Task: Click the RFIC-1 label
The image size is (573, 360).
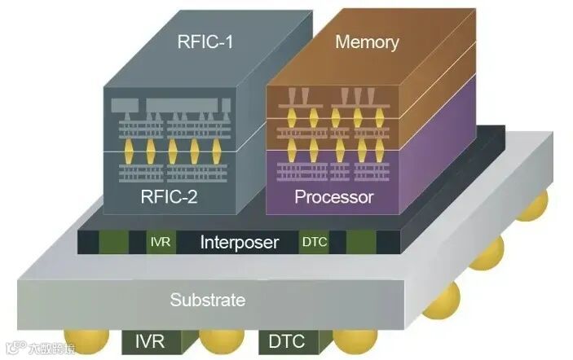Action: [x=206, y=41]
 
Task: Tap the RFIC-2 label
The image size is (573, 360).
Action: [x=168, y=195]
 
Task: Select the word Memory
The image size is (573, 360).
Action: [x=367, y=42]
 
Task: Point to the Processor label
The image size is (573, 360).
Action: [x=333, y=197]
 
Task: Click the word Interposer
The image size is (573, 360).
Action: [x=240, y=242]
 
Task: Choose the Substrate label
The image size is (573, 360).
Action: [x=207, y=300]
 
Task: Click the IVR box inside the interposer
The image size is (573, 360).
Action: [x=160, y=242]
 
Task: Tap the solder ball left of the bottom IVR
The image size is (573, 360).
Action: [x=86, y=342]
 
